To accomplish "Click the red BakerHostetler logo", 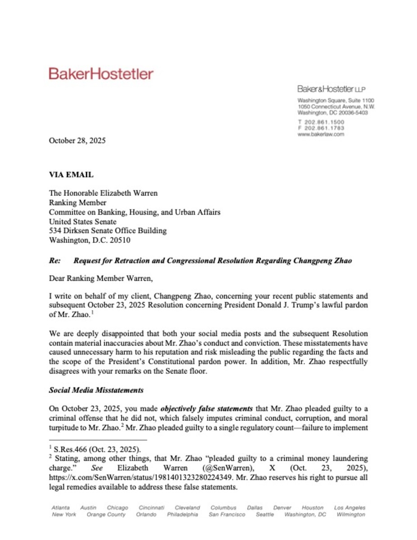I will tap(101, 74).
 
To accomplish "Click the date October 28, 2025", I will tap(77, 140).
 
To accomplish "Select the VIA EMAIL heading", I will tap(71, 175).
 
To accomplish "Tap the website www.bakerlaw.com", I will tap(321, 134).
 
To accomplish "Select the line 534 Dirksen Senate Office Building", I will tap(108, 231).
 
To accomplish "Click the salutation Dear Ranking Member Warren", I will tap(101, 278).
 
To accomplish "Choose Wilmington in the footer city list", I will tap(350, 514).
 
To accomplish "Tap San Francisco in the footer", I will tap(227, 514).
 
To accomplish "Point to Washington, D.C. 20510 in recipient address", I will tap(90, 240).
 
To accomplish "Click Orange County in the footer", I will tap(106, 514).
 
